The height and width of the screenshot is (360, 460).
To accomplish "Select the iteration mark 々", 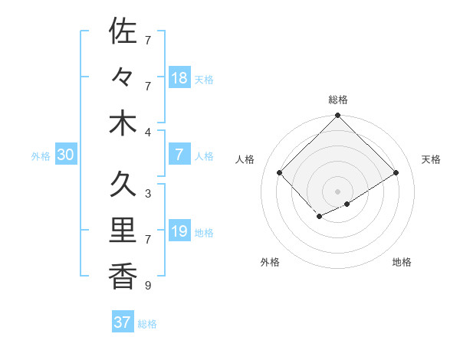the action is tap(123, 77).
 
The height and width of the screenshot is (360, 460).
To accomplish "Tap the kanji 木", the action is tap(123, 123).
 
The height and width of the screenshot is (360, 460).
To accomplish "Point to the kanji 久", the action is tap(123, 185).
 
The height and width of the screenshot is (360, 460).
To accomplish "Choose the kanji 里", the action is tap(123, 231).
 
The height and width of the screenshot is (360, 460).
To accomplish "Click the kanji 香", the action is tap(123, 276).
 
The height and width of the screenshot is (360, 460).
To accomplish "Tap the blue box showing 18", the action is tap(179, 78).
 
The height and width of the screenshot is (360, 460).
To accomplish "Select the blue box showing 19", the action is tap(179, 231).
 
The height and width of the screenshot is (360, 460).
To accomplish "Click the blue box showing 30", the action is tap(65, 155).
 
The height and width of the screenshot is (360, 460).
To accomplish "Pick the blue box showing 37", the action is tap(123, 322).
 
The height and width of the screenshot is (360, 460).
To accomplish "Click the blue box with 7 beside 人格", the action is tap(179, 155).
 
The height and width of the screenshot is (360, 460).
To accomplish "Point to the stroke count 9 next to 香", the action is tap(148, 286).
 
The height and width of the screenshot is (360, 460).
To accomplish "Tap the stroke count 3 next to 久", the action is tap(148, 194).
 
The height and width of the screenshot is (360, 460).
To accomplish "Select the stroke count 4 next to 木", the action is tap(148, 133).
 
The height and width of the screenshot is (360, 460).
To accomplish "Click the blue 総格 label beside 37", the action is tap(147, 324).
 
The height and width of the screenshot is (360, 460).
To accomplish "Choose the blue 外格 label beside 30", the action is tap(41, 156).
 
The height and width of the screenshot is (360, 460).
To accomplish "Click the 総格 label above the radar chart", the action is tap(337, 100).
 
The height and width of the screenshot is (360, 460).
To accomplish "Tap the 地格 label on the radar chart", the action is tap(402, 262).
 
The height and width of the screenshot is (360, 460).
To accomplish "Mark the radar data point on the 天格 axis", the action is tap(396, 173).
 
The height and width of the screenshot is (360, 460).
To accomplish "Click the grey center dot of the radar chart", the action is tap(337, 191).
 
